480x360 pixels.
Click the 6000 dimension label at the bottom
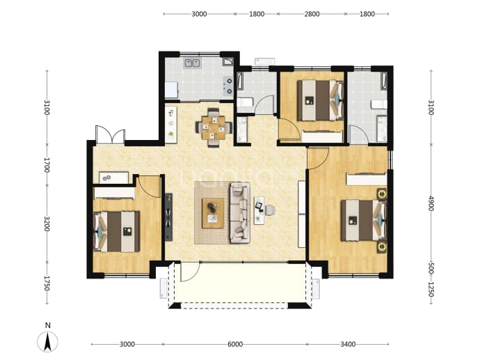tap(235, 345)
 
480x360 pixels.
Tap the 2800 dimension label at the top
tap(312, 14)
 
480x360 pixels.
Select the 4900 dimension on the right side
tap(431, 203)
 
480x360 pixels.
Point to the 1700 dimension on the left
tap(47, 165)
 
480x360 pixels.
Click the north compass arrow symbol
tap(47, 342)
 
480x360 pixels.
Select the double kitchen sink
tap(192, 63)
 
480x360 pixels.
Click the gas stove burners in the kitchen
tap(228, 86)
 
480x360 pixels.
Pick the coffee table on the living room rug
tap(213, 213)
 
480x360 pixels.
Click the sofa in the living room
tap(240, 212)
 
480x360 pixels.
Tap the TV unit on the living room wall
tap(169, 217)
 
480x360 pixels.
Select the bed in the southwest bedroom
tap(116, 231)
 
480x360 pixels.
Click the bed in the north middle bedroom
tap(320, 100)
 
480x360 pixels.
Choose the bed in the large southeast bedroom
tap(364, 220)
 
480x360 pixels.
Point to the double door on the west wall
tap(110, 135)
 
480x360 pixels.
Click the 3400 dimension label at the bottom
tap(348, 345)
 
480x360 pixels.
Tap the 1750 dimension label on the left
tap(47, 283)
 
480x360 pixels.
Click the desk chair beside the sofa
tap(270, 210)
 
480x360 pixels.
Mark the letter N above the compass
tap(47, 325)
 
